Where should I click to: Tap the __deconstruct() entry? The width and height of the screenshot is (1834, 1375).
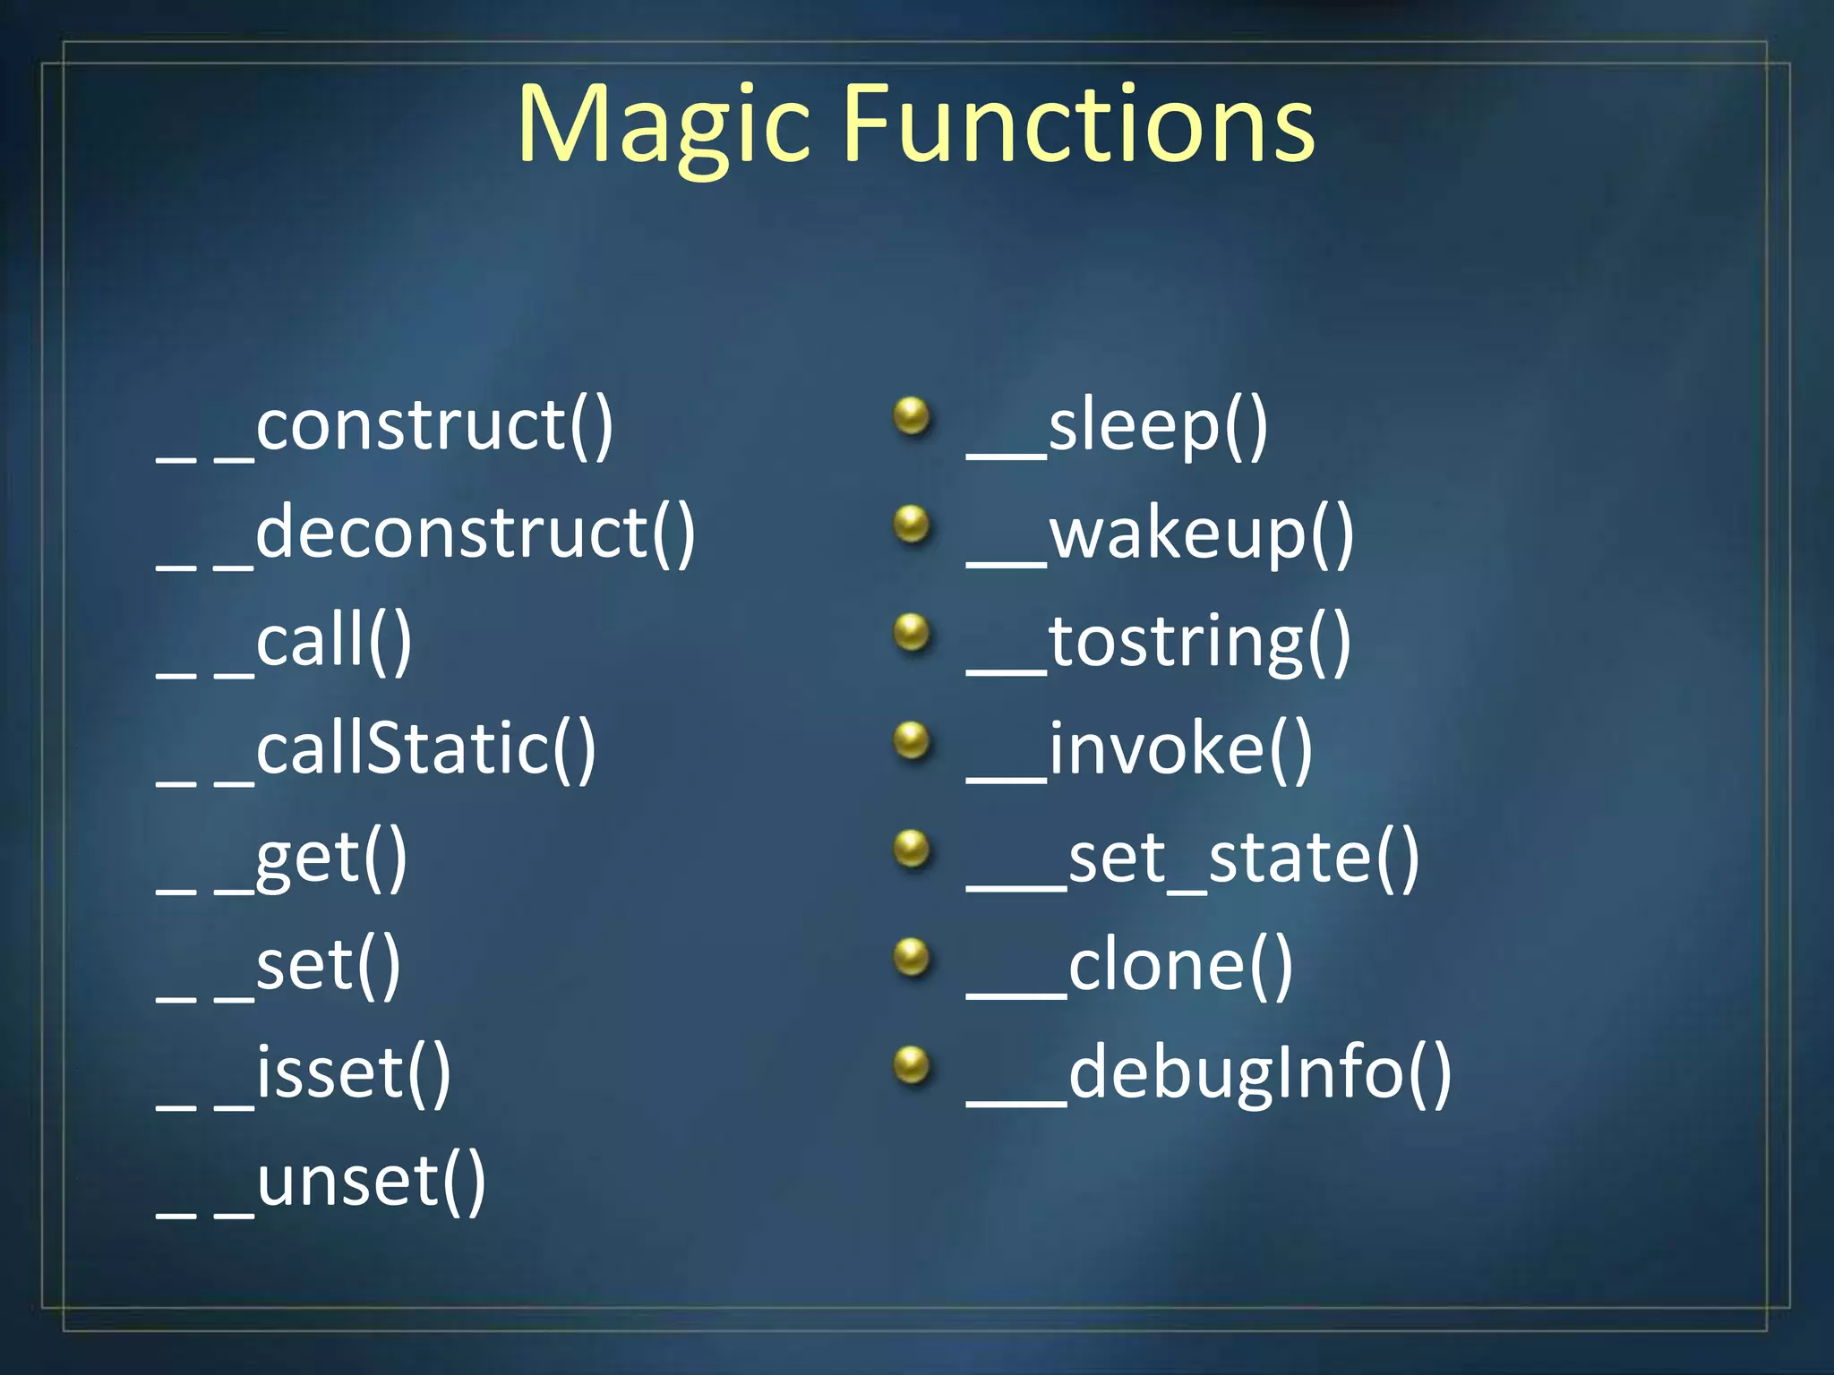pos(426,534)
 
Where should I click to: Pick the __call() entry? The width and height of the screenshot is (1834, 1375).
pos(285,642)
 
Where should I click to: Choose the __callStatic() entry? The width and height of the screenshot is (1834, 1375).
pos(376,750)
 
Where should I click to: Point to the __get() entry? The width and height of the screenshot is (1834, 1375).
pos(283,858)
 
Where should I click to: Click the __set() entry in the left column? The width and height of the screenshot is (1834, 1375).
pos(279,967)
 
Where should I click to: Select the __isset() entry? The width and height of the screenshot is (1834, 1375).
pos(304,1074)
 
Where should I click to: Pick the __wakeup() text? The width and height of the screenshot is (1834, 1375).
pos(1161,534)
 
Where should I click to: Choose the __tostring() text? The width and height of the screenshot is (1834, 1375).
pos(1159,642)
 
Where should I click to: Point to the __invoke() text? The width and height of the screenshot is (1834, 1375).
pos(1139,750)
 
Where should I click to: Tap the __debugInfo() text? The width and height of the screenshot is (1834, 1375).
pos(1209,1074)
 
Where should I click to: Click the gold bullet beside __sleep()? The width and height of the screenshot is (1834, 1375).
pos(913,416)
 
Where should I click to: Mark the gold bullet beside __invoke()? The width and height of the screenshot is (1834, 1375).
pos(913,740)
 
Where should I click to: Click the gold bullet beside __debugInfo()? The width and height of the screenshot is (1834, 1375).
pos(913,1065)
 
